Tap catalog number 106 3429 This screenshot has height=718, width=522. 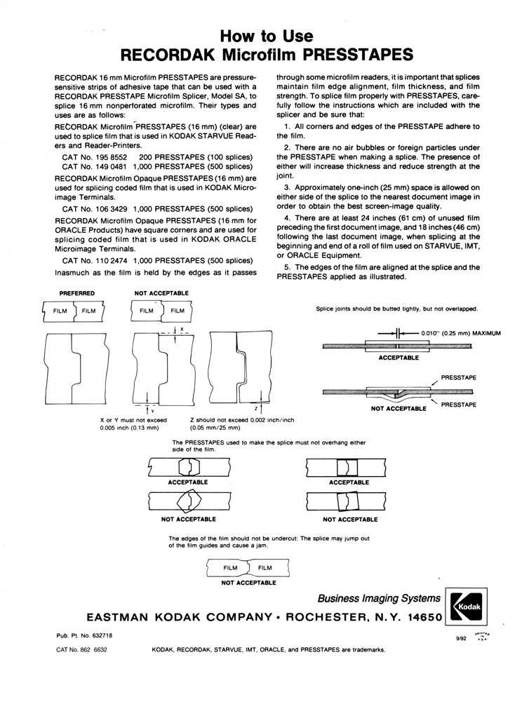[x=107, y=208]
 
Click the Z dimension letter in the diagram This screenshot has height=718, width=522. [x=257, y=407]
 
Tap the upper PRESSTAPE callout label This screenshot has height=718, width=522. [x=460, y=378]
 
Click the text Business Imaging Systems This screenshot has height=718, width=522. [x=379, y=598]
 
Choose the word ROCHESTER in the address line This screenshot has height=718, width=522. [x=333, y=618]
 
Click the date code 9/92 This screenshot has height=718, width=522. [x=462, y=639]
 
